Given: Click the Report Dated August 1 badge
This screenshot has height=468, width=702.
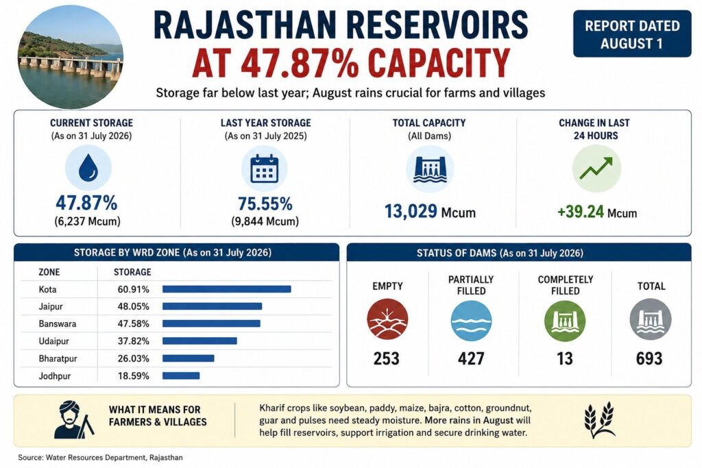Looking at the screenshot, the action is pos(631,34).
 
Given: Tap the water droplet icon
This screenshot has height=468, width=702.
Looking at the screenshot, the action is pos(88,168).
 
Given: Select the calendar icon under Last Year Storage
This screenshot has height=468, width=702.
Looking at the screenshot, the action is pos(264,169).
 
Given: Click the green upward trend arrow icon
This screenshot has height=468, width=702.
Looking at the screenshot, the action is pos(596,169).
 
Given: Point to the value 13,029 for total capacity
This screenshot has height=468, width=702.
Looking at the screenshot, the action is pos(411,211).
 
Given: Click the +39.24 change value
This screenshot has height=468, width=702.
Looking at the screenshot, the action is pos(581,212).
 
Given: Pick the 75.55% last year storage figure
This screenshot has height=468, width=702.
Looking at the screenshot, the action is pos(265,204).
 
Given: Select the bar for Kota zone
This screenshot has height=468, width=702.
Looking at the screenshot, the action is pos(226,289).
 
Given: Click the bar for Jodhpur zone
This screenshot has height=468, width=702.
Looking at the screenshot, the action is pos(181,375).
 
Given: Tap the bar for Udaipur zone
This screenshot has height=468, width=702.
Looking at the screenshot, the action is pos(199,341).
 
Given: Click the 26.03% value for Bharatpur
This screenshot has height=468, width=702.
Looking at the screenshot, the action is pos(134,358).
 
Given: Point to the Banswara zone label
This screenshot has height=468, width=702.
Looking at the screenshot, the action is pos(58,323).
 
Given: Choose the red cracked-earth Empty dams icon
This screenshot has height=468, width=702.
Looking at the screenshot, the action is pos(387,319).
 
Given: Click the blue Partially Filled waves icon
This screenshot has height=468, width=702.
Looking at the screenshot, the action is pos(471,321).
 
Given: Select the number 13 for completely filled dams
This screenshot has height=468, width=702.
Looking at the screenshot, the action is pos(565,358).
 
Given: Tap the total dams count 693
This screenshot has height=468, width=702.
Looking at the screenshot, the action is pos(649,358).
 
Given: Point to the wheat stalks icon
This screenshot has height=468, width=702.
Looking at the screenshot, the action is pos(599,419).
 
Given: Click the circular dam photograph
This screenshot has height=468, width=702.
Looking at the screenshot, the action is pos(71,57).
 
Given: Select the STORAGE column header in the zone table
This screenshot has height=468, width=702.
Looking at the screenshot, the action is pos(132,272).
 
